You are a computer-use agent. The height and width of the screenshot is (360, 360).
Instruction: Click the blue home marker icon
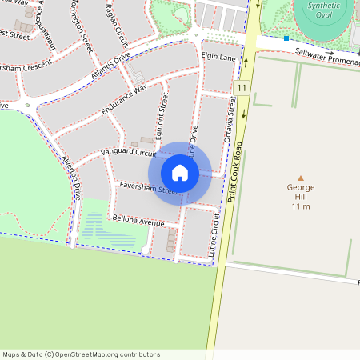pyautogui.click(x=180, y=173)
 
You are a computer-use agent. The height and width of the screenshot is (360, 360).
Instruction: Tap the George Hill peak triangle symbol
pyautogui.click(x=301, y=178)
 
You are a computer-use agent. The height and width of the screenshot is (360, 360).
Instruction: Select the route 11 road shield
pyautogui.click(x=241, y=86)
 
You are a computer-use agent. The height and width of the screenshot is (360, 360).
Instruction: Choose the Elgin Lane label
pyautogui.click(x=218, y=58)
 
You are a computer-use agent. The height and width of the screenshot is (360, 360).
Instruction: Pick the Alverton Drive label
pyautogui.click(x=72, y=177)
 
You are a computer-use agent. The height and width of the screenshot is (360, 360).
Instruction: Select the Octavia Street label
pyautogui.click(x=230, y=120)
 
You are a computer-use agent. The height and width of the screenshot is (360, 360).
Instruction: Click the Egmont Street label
pyautogui.click(x=162, y=116)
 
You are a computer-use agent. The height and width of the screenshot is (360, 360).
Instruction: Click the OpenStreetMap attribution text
pyautogui.click(x=81, y=354)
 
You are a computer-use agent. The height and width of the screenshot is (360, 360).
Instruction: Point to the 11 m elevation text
pyautogui.click(x=301, y=206)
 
